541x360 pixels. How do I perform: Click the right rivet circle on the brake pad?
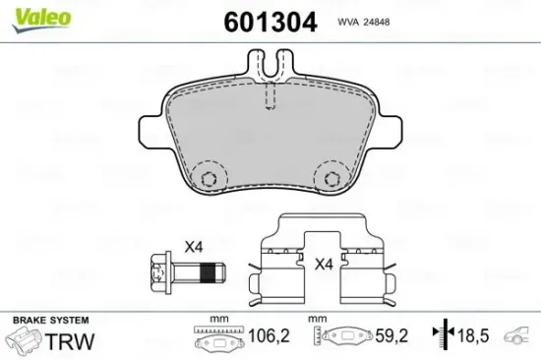tap(329, 176)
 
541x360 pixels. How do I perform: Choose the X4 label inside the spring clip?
tap(324, 264)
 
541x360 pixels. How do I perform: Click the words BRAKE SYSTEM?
tap(49, 321)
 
